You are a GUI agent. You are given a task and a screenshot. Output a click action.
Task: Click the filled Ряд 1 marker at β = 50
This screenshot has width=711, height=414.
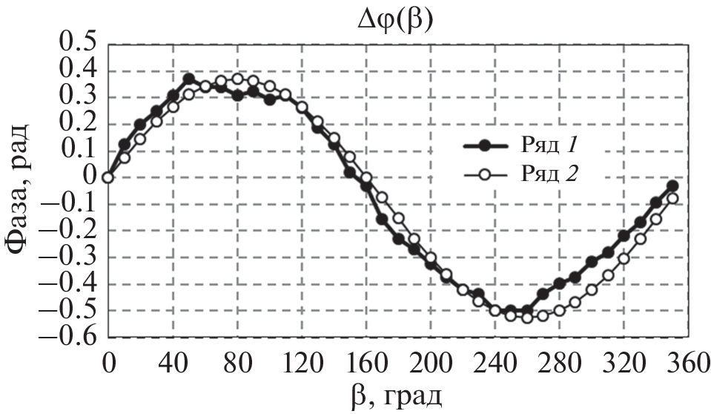(x=188, y=79)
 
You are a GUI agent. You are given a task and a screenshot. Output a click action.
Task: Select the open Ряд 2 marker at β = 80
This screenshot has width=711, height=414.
(x=237, y=79)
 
